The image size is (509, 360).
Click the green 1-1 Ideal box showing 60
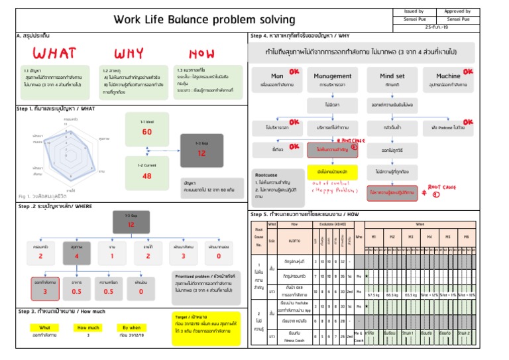[x=146, y=128]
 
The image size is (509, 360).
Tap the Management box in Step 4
[x=332, y=80]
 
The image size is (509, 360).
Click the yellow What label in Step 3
[x=45, y=327]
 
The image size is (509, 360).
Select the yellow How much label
[x=87, y=327]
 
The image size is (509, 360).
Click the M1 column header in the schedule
[x=374, y=235]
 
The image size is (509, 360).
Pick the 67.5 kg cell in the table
[x=374, y=294]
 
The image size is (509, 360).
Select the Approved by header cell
[x=457, y=11]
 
